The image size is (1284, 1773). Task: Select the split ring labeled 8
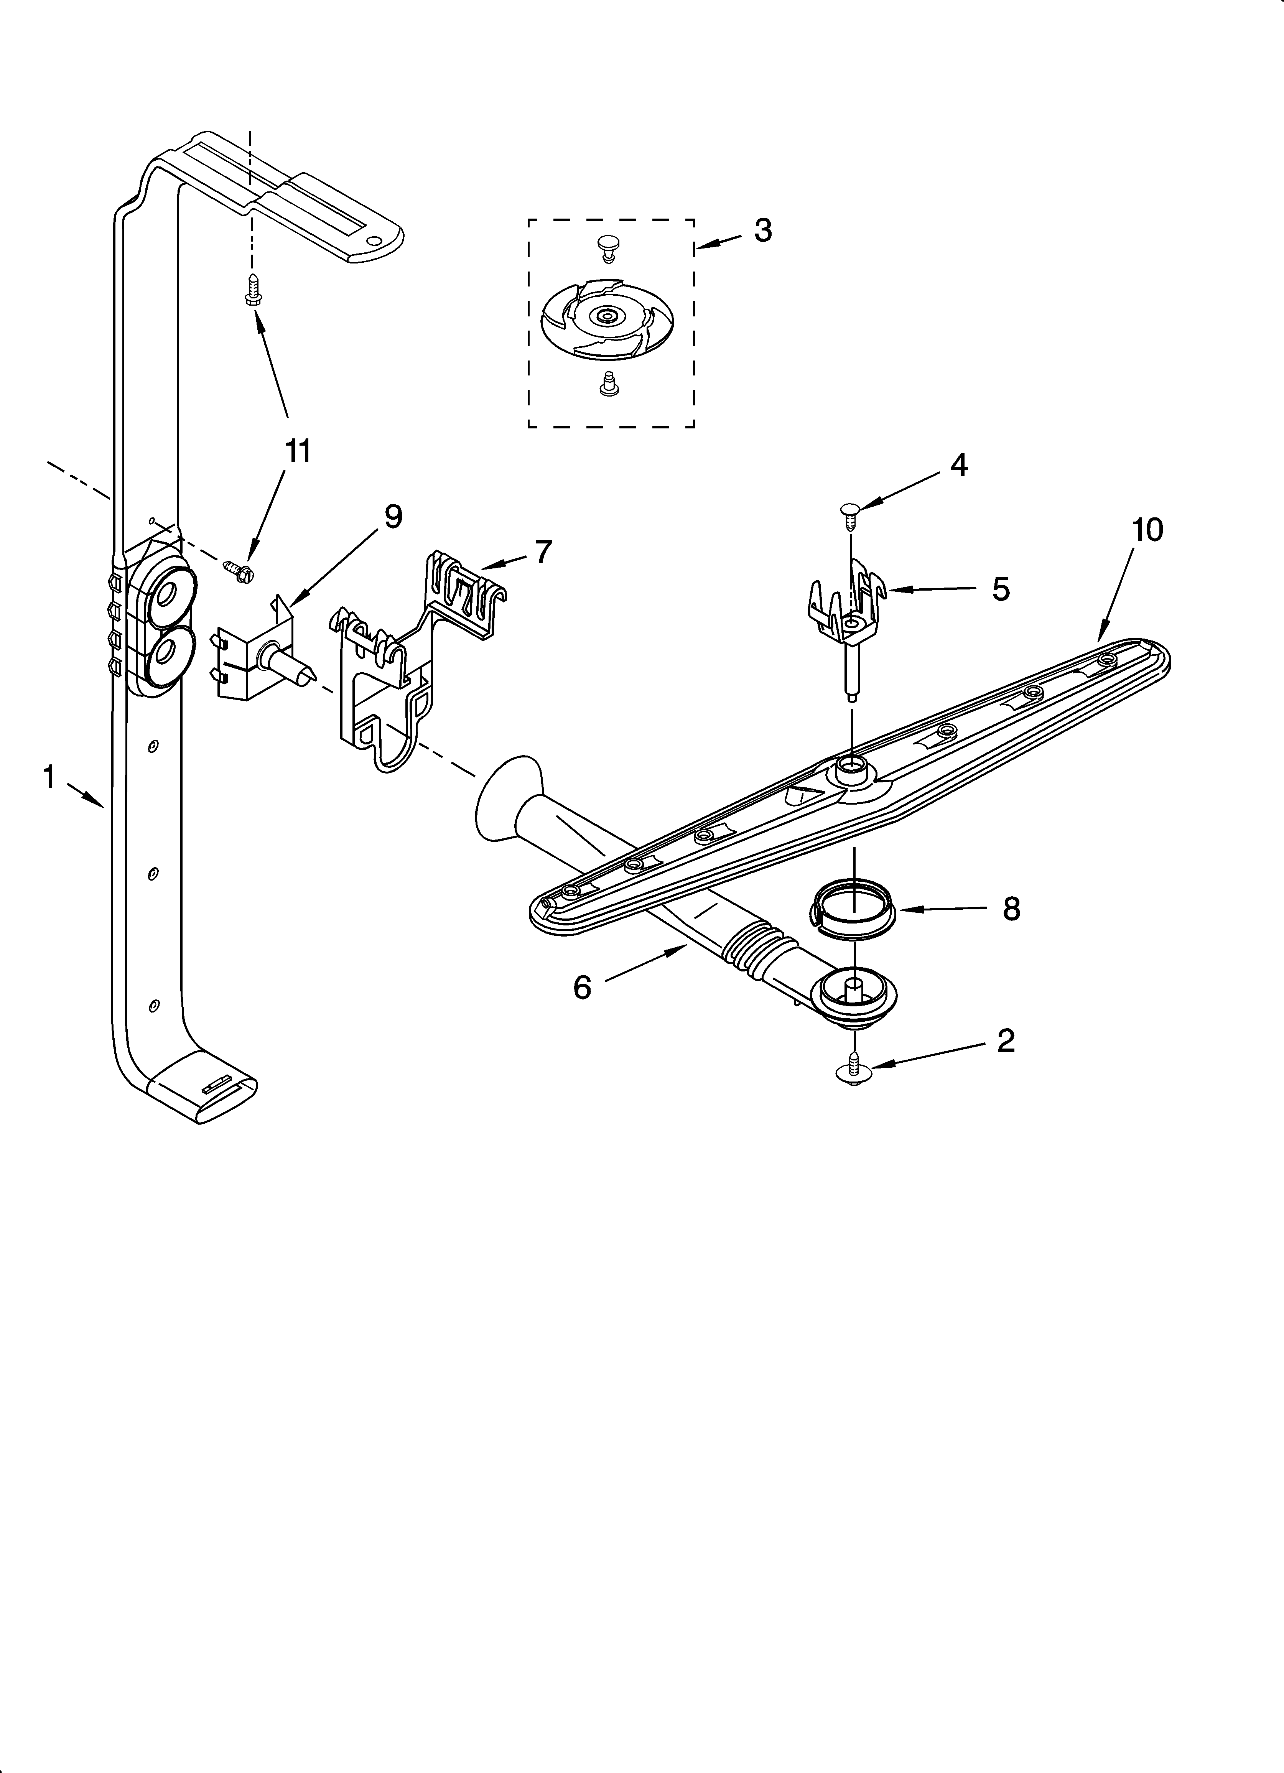(851, 909)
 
